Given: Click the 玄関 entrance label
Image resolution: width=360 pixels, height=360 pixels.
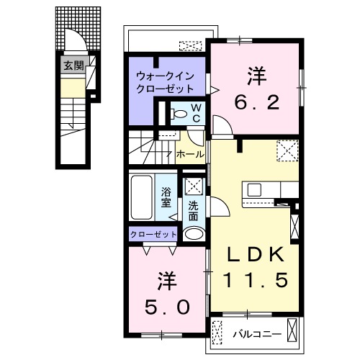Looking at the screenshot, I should pyautogui.click(x=72, y=66).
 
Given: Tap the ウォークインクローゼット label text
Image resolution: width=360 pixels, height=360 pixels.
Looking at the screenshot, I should pyautogui.click(x=166, y=83).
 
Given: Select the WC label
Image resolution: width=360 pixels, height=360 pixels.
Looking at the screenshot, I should pyautogui.click(x=196, y=113).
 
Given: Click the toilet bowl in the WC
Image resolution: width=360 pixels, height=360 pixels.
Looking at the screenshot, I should pyautogui.click(x=178, y=113).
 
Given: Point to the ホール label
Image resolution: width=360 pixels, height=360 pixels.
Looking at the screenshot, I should pyautogui.click(x=189, y=154).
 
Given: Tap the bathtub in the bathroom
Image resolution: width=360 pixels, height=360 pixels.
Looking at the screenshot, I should pyautogui.click(x=142, y=197).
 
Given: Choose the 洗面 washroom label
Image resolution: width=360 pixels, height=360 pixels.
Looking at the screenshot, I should pyautogui.click(x=193, y=211).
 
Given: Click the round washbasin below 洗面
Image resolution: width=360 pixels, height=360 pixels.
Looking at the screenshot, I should pyautogui.click(x=193, y=234).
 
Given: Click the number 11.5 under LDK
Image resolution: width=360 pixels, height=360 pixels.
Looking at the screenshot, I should pyautogui.click(x=253, y=279).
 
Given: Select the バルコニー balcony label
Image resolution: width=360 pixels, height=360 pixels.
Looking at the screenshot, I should pyautogui.click(x=252, y=333).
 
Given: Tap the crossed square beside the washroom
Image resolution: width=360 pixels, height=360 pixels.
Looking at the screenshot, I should pyautogui.click(x=192, y=185).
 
